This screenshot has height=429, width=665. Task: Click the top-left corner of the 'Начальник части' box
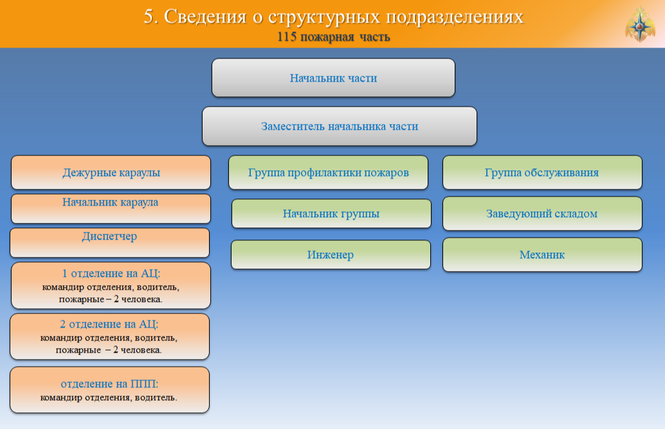coord(212,59)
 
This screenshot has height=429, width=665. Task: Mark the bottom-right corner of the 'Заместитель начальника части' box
coord(477,146)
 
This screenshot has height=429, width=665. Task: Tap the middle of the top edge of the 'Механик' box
coord(542,238)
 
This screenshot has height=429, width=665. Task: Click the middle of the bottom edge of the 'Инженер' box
coord(331,269)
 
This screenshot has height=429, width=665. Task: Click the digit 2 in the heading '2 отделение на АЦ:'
coord(63,324)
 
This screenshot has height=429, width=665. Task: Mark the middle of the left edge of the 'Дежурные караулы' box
coord(12,172)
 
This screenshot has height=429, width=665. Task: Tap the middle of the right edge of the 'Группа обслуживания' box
coord(642,172)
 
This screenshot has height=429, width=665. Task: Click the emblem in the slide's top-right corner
coord(640,24)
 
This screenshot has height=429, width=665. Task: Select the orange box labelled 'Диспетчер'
coord(110,243)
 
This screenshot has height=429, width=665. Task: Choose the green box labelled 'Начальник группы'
coord(331,213)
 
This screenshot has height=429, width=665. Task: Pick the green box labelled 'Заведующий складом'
coord(542,213)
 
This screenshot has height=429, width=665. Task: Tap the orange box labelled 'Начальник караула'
coord(111,209)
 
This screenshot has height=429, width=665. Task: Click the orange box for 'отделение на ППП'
coord(110,390)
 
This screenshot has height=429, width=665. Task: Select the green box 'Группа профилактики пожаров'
coord(328,172)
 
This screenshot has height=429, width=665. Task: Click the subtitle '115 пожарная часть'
coord(333,37)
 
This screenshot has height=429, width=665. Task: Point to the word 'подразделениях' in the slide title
coord(455,17)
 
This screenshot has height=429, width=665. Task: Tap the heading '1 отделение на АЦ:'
coord(111,273)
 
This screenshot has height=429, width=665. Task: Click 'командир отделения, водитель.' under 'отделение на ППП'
coord(109,398)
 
